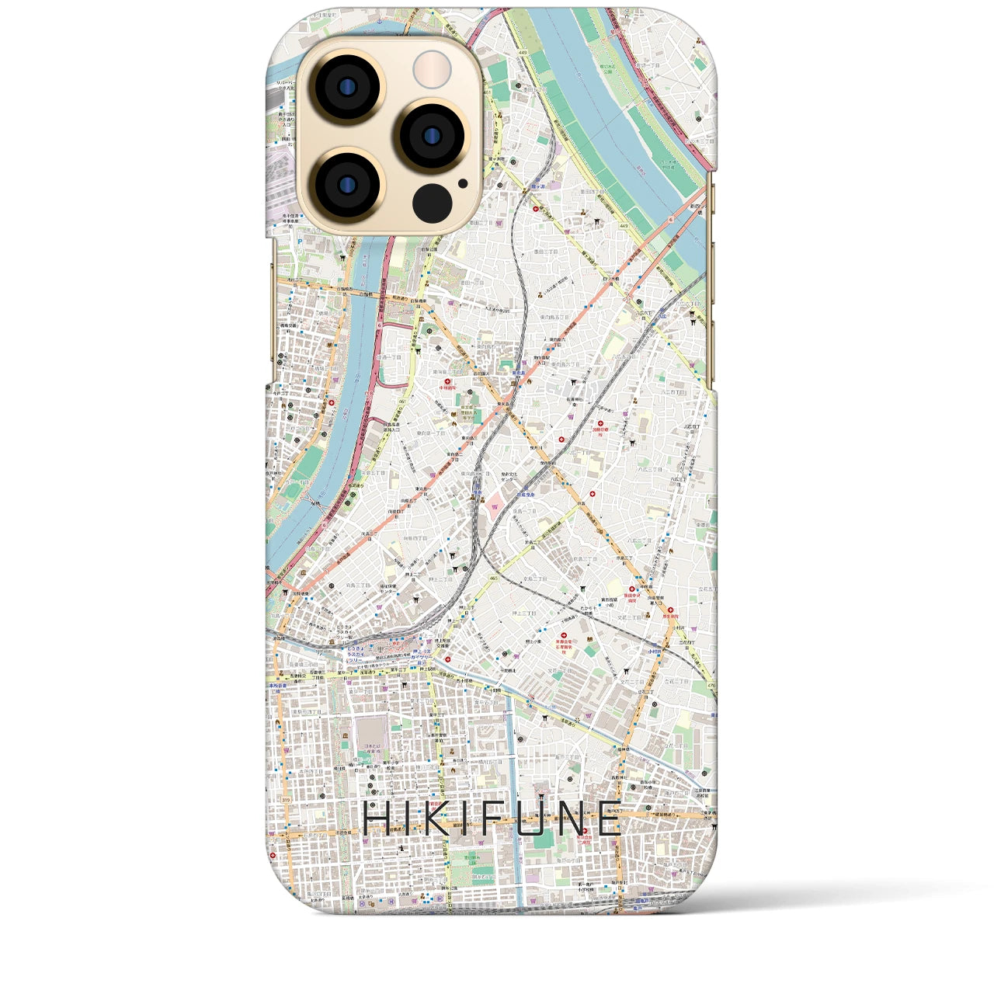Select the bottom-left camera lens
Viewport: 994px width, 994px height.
[x=342, y=186]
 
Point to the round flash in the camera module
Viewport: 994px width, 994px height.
[x=432, y=70]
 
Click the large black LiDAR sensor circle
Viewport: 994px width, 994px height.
[x=432, y=203]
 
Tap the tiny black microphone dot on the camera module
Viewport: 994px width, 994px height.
[x=463, y=184]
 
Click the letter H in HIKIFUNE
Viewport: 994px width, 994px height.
[x=380, y=818]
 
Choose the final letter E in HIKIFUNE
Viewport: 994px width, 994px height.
[x=610, y=818]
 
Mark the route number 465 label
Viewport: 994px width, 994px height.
[x=494, y=578]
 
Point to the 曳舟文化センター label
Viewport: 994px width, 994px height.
[x=509, y=478]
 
